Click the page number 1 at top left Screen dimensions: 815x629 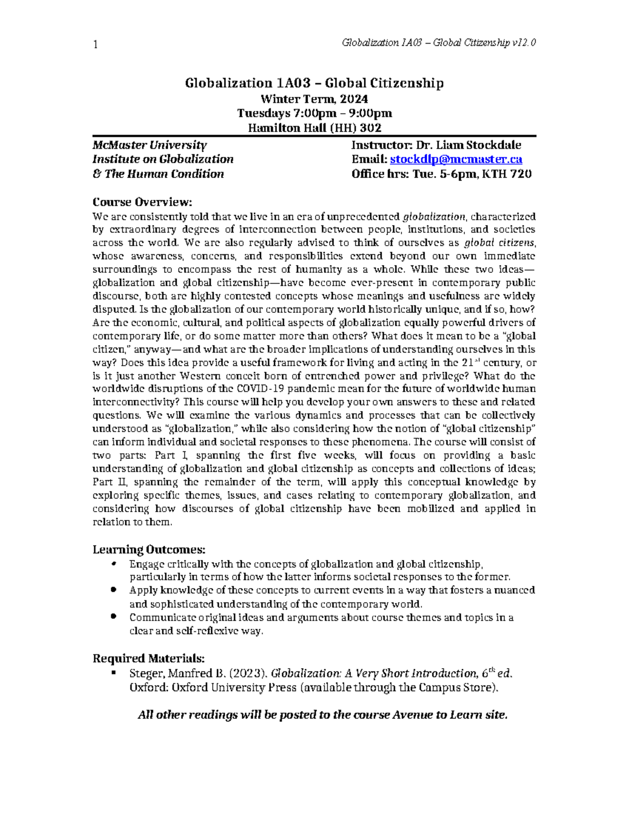pos(95,45)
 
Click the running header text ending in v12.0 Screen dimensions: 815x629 pos(438,43)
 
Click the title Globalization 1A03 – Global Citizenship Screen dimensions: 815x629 pos(314,83)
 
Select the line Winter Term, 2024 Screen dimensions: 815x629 pos(314,99)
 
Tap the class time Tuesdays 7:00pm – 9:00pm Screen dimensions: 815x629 pos(314,113)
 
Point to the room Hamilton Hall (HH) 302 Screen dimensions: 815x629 pos(314,128)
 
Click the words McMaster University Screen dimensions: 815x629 pos(149,145)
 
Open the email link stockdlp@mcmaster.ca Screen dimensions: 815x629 pos(456,160)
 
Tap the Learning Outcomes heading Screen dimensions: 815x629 pos(149,549)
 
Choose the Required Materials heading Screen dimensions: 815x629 pos(148,658)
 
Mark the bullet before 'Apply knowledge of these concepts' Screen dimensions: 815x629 pos(113,590)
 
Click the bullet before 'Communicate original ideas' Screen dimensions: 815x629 pos(113,617)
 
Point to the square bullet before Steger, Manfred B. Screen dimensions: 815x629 pos(113,672)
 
